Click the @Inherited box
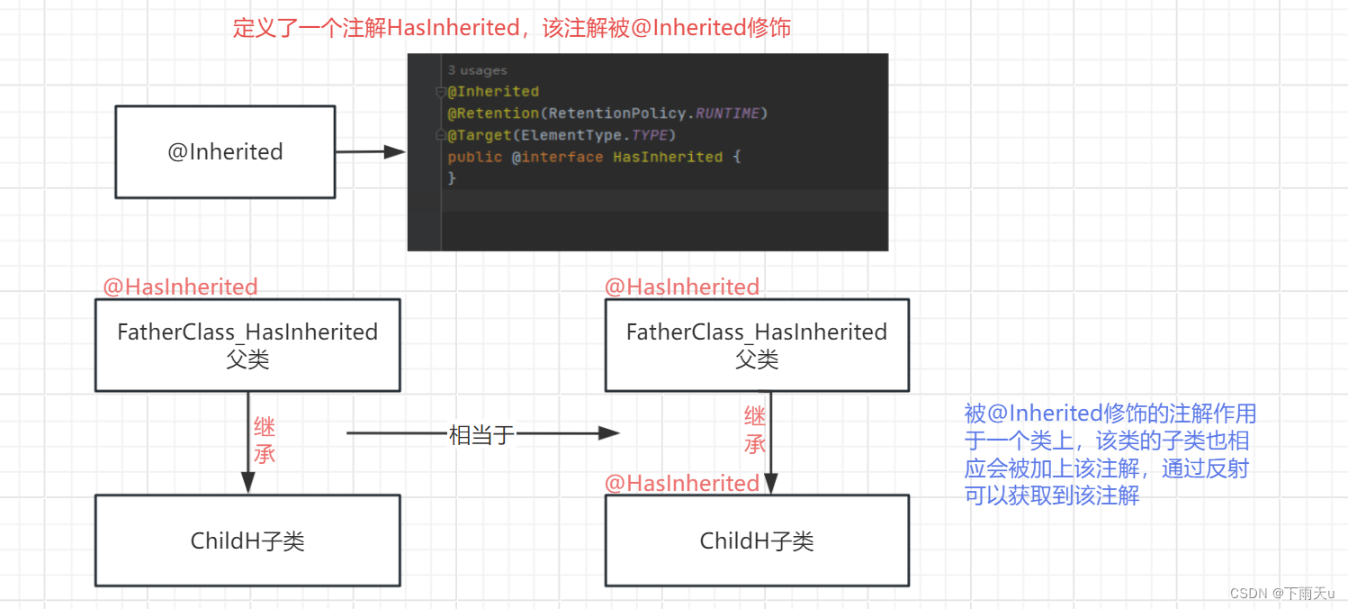click(x=225, y=151)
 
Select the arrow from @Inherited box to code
click(x=369, y=152)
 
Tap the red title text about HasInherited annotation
click(x=511, y=28)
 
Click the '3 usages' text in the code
click(x=477, y=70)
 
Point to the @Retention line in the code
click(x=607, y=114)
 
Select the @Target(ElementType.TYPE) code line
click(x=562, y=135)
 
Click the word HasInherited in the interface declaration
click(x=668, y=157)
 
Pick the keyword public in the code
click(x=475, y=157)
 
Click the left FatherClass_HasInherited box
click(x=247, y=345)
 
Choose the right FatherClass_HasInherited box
click(x=757, y=345)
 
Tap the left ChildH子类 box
click(x=247, y=541)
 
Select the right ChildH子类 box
click(x=757, y=541)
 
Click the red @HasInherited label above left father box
click(x=180, y=287)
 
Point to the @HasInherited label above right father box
click(x=682, y=287)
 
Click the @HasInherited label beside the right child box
click(x=682, y=484)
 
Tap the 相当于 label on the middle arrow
click(x=481, y=435)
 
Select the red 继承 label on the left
click(x=265, y=440)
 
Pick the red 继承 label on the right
click(x=755, y=430)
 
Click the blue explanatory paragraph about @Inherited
click(x=1110, y=454)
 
